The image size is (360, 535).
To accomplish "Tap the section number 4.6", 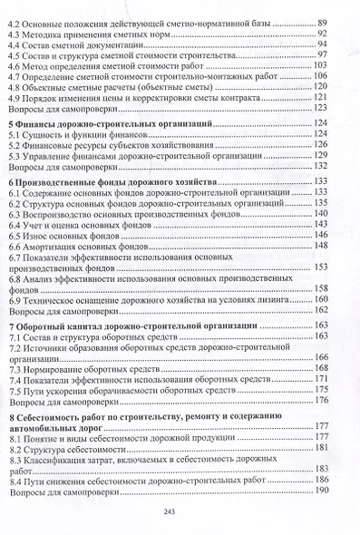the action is point(15,65).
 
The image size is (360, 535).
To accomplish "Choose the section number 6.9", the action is point(15,297).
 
